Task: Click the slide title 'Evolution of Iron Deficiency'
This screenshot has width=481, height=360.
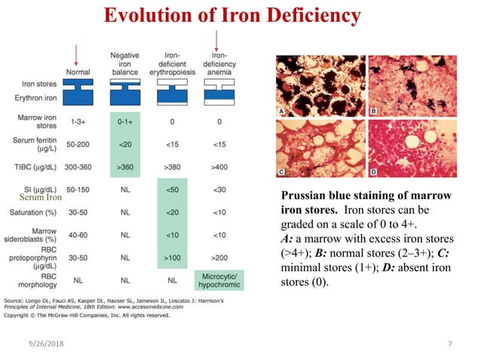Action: pos(231,15)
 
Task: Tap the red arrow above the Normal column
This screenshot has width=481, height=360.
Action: pos(75,53)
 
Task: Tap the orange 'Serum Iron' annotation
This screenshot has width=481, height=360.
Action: pos(41,197)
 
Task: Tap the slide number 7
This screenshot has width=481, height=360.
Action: pos(449,344)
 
